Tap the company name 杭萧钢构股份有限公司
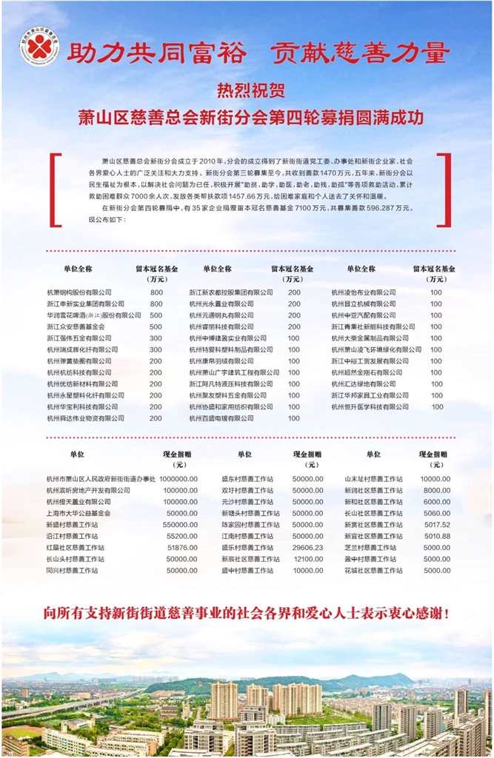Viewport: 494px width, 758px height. (79, 292)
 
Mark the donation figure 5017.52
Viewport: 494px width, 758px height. (437, 524)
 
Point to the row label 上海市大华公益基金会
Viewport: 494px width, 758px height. (78, 513)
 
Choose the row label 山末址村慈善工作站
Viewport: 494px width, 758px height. (373, 479)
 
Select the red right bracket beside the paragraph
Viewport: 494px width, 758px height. (444, 189)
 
